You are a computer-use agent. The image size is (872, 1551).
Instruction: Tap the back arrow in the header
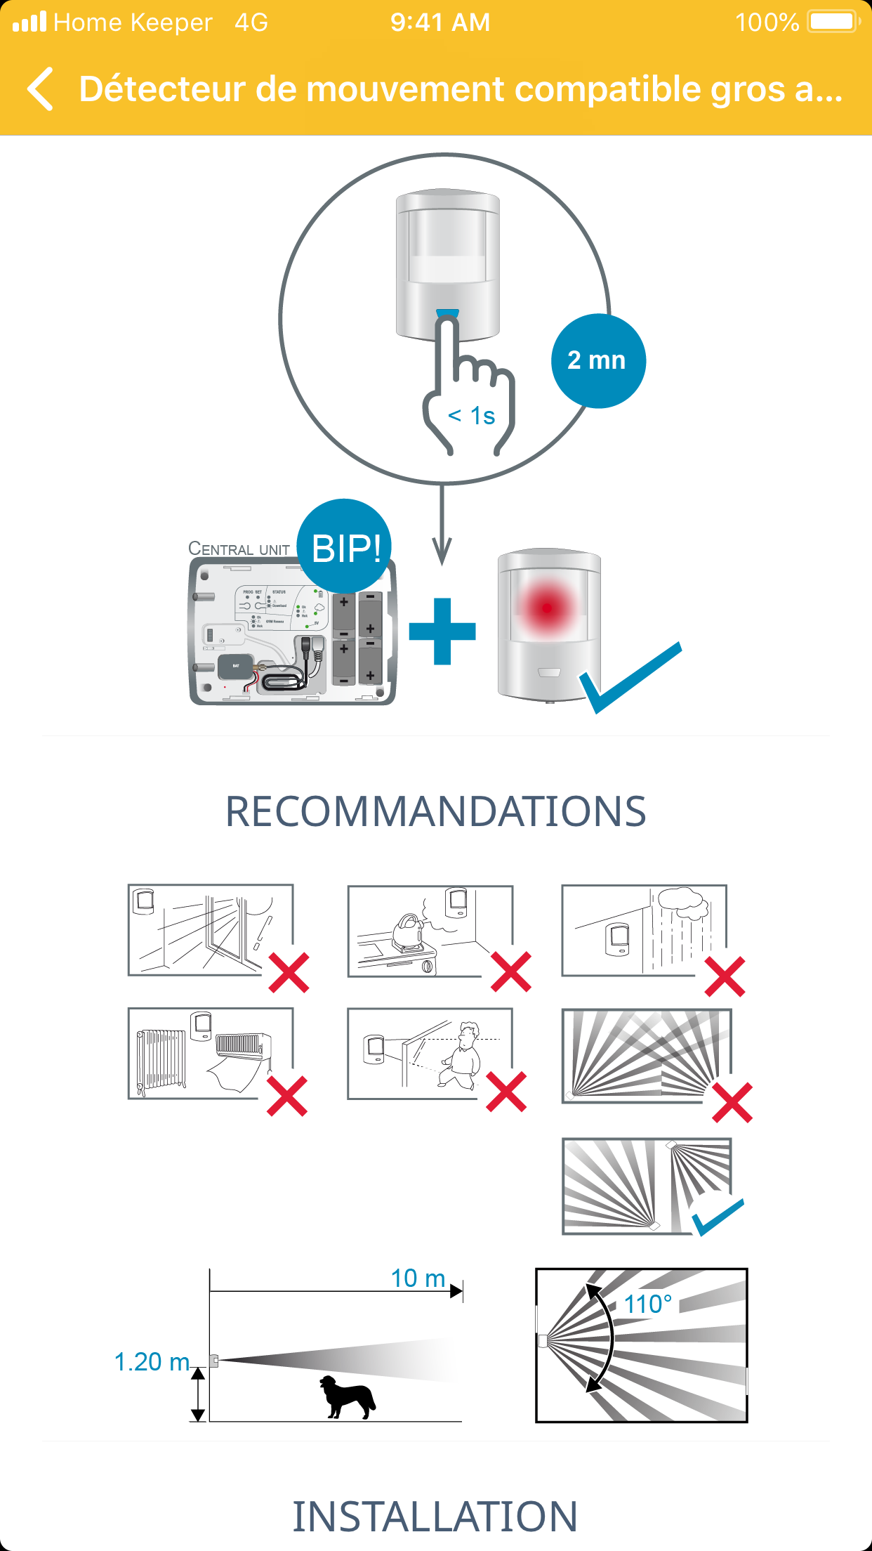tap(41, 89)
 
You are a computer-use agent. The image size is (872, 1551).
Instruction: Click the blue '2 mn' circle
tap(597, 360)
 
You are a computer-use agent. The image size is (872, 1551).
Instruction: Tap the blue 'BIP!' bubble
tap(345, 547)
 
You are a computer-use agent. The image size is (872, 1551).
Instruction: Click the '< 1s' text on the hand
tap(472, 416)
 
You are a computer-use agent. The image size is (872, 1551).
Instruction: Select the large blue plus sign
tap(442, 631)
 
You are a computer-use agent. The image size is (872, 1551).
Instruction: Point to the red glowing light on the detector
tap(548, 608)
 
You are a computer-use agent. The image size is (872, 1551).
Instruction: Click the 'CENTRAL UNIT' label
tap(239, 549)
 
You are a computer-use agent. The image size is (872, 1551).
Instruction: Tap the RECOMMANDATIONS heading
tap(435, 811)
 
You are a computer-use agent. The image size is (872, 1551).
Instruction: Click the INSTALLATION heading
tap(435, 1516)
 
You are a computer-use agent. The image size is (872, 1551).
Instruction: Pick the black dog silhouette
tap(347, 1396)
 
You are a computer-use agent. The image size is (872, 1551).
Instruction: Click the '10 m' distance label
tap(418, 1278)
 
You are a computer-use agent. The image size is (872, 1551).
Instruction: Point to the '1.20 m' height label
tap(152, 1362)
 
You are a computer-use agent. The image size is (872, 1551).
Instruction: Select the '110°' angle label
tap(647, 1304)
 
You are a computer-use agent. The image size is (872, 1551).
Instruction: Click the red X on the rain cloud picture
tap(725, 976)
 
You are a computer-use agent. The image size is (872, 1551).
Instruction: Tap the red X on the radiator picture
tap(287, 1096)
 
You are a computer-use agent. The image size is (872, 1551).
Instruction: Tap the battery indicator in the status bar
tap(833, 22)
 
